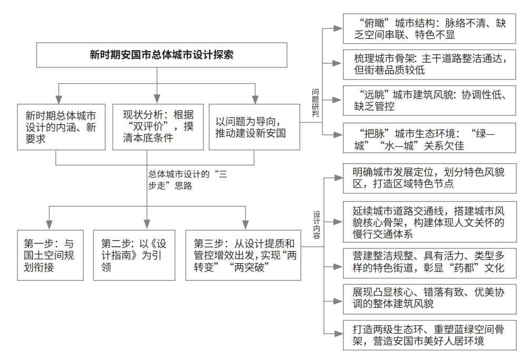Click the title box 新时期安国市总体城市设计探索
coord(162,55)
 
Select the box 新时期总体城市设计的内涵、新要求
coord(61,127)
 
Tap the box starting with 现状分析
coord(158,127)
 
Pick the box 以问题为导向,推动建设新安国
coord(254,127)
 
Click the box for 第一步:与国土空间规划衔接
coord(50,255)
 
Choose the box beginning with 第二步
coord(134,255)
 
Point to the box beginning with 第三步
coord(243,255)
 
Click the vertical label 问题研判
coord(316,103)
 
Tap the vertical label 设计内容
coord(317,225)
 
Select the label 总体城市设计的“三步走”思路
coord(188,179)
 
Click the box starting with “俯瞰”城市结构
coord(429,28)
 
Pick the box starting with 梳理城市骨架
coord(429,65)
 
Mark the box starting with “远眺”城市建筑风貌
coord(429,101)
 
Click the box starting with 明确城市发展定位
coord(430,178)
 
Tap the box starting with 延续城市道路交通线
coord(430,222)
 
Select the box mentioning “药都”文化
coord(430,263)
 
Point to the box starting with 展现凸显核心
coord(430,299)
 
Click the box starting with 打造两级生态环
coord(430,335)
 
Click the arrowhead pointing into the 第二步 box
coord(147,224)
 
